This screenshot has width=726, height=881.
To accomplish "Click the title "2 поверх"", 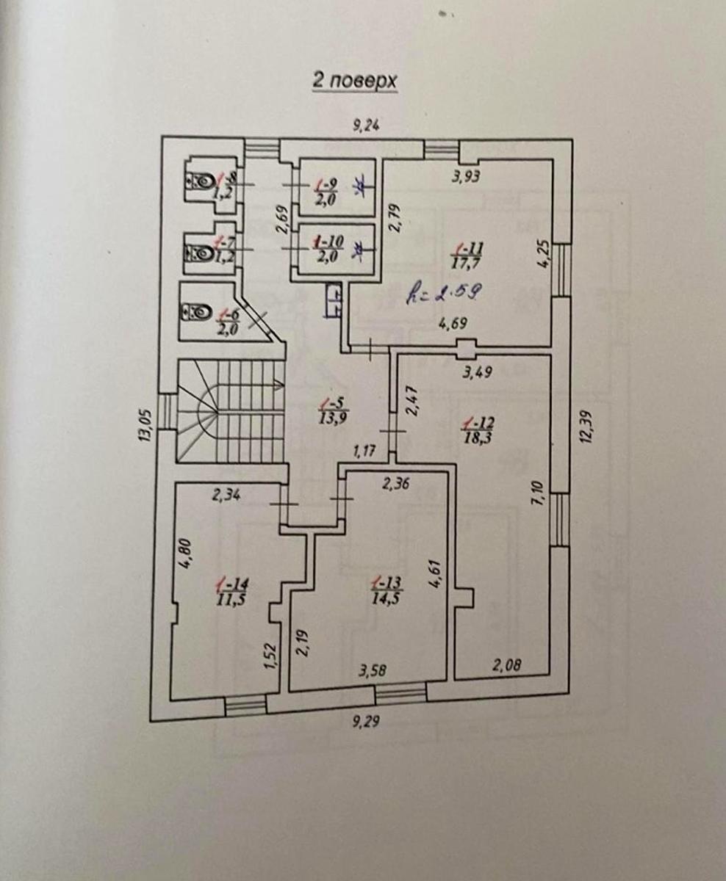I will [x=355, y=81].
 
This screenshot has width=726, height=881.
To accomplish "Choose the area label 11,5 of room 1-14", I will [x=231, y=597].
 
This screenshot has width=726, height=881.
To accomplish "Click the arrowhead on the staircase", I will [x=279, y=383].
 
